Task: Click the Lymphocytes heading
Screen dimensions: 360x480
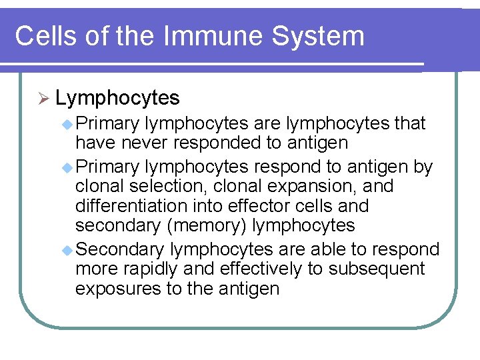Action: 117,99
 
